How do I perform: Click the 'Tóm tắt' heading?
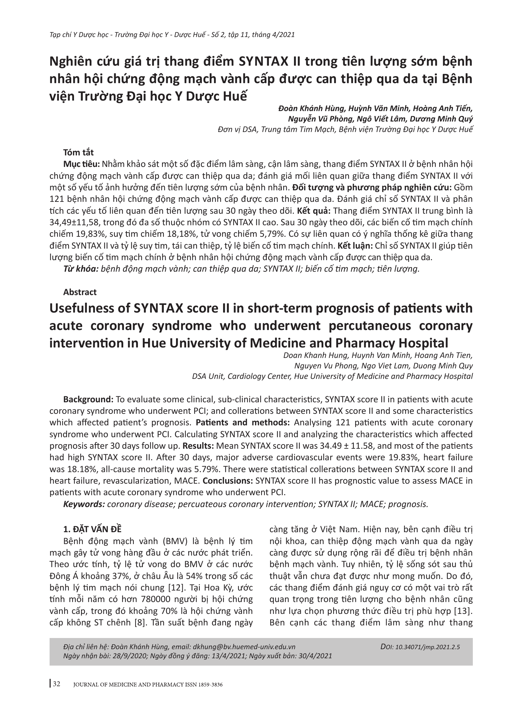point(78,153)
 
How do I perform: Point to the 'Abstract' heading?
point(80,292)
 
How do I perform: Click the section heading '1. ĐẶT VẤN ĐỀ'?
point(93,529)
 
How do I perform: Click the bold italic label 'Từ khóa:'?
point(81,269)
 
